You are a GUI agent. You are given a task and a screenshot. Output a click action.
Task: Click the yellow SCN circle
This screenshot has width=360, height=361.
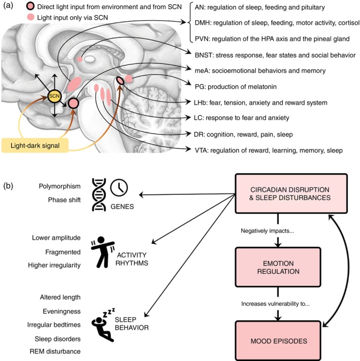point(54,96)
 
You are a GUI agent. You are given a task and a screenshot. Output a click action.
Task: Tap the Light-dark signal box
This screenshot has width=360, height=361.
point(35,146)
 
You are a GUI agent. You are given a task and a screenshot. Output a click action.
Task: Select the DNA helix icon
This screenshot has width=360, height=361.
point(99,194)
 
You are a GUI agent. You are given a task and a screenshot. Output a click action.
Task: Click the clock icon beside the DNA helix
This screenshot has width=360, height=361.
point(119,187)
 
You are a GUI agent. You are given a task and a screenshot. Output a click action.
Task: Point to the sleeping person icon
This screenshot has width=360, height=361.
point(103,324)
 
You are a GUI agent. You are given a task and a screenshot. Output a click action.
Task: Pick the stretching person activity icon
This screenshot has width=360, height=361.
point(103,252)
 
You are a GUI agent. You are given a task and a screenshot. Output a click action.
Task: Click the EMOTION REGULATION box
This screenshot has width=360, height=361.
point(278,267)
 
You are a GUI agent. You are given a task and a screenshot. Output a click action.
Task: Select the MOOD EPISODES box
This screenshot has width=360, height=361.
point(278,341)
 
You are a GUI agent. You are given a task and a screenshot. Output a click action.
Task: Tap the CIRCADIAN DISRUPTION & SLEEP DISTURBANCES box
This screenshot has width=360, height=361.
point(291,193)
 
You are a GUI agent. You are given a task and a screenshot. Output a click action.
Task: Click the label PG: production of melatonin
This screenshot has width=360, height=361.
point(236,87)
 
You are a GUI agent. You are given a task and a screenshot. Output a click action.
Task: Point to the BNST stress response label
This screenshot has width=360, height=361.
point(275,55)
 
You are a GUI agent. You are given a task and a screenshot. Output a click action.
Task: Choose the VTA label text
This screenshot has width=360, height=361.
point(269,150)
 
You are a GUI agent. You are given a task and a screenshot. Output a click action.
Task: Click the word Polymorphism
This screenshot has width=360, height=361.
point(59,186)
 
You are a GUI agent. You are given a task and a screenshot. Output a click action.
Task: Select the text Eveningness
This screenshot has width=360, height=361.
point(61,312)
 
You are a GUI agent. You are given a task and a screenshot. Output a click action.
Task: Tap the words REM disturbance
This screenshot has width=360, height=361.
point(55,351)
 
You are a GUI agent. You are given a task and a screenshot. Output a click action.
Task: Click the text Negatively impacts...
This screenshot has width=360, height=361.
point(267,231)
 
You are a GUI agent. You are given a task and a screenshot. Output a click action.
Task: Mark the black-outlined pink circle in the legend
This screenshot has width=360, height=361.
point(30,7)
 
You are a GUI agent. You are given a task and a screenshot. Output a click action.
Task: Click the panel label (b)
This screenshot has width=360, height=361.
point(8,186)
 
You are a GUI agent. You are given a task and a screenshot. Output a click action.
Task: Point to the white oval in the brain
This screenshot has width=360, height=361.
point(89,59)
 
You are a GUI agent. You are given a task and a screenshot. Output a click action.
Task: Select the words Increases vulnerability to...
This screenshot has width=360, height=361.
point(275,304)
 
